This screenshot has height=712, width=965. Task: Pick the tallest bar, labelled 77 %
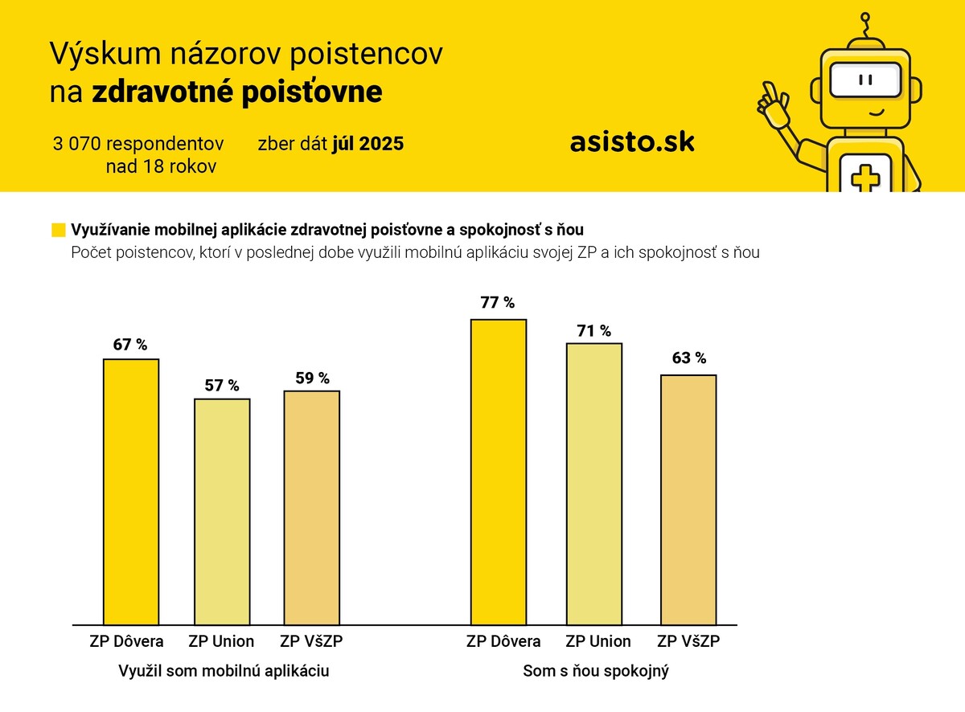click(x=499, y=471)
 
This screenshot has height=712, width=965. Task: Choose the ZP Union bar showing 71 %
click(x=594, y=483)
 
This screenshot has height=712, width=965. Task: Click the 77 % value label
click(x=498, y=303)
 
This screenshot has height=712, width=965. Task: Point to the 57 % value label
click(x=223, y=385)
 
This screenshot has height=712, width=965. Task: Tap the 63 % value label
click(x=689, y=358)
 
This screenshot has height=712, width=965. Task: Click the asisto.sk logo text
click(x=632, y=142)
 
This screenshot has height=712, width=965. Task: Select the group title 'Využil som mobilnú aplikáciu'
click(x=224, y=670)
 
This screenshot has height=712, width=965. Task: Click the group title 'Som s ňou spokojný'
click(x=596, y=670)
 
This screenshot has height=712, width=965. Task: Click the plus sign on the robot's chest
click(x=865, y=178)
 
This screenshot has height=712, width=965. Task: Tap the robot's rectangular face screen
click(x=865, y=80)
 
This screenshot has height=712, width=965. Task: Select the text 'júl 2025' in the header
click(x=368, y=144)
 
